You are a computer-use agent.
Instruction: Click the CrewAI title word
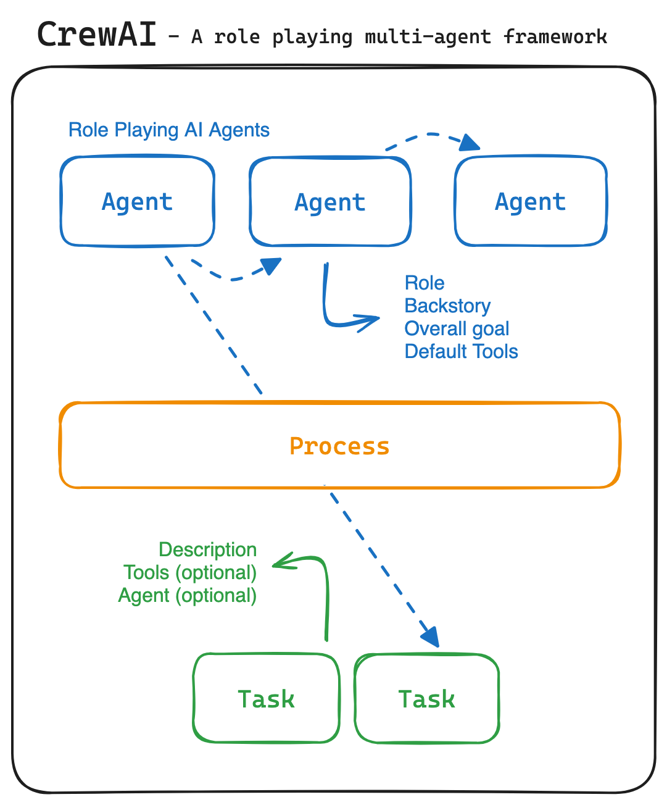[97, 35]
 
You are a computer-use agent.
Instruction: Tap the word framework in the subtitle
[555, 37]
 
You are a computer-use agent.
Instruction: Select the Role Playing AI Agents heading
[168, 130]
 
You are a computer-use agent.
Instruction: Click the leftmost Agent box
[138, 202]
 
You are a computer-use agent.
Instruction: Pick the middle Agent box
[330, 202]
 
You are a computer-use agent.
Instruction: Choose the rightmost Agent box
[531, 202]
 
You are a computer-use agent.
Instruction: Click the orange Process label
[339, 446]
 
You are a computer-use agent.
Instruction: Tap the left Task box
[266, 699]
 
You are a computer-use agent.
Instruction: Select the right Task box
[426, 699]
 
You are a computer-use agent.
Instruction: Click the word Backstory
[447, 306]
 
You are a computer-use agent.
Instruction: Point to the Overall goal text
[457, 329]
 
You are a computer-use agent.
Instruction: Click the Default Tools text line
[461, 352]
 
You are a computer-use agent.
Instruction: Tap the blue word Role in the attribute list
[425, 283]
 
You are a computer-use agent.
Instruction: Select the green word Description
[207, 550]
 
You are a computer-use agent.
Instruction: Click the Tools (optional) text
[190, 573]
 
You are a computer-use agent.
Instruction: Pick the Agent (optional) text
[188, 596]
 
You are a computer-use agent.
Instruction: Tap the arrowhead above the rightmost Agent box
[470, 143]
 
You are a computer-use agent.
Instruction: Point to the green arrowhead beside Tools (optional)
[281, 561]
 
